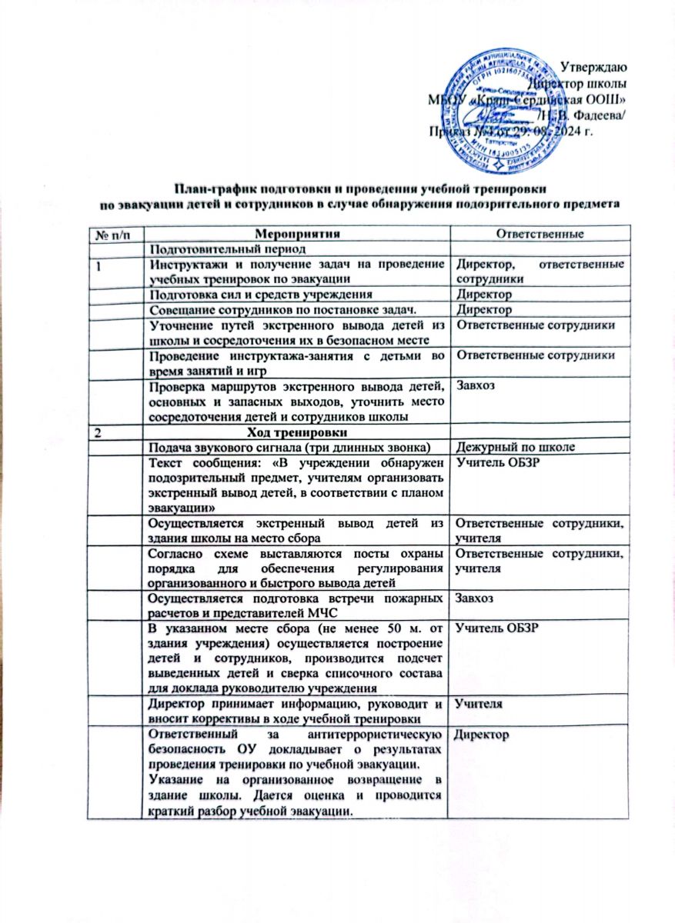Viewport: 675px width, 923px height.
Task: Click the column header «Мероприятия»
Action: point(297,232)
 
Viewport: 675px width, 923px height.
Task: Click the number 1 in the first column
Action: point(99,265)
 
